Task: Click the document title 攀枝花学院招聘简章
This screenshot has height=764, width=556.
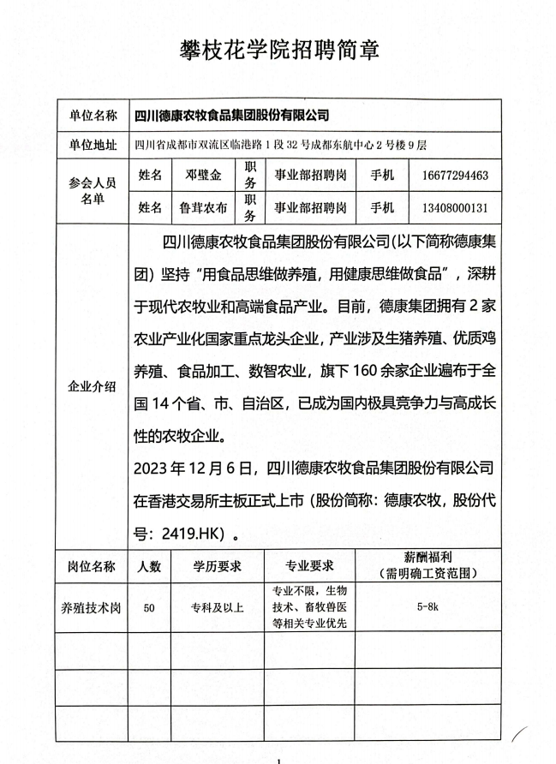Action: (x=278, y=49)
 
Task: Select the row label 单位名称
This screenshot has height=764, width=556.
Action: (x=93, y=115)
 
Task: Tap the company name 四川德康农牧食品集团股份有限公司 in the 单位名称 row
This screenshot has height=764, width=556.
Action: (x=232, y=115)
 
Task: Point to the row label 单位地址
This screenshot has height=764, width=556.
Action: (x=93, y=144)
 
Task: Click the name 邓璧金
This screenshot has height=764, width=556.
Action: (x=203, y=176)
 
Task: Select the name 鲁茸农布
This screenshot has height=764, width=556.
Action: (x=203, y=207)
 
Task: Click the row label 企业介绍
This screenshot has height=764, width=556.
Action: (x=93, y=387)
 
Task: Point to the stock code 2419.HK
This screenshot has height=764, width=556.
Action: (x=194, y=532)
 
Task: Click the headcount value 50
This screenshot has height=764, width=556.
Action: (x=149, y=608)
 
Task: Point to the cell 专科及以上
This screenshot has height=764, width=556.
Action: (x=217, y=608)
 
